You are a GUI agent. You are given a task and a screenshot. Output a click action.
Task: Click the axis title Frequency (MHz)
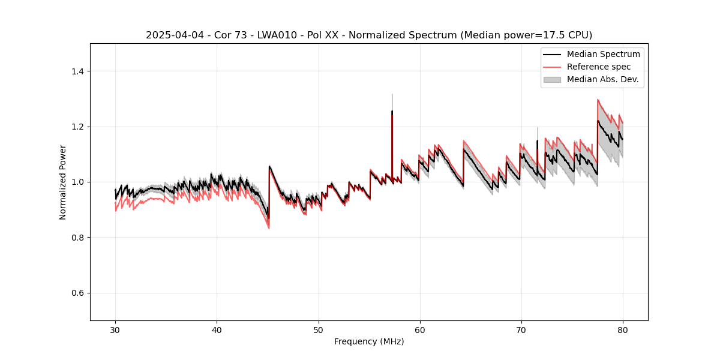tap(369, 341)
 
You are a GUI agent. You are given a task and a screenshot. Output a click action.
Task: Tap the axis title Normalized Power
tap(63, 182)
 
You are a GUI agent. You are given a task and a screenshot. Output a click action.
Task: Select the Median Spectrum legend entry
tap(603, 54)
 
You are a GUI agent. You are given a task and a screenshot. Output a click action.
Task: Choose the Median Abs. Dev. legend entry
tap(602, 79)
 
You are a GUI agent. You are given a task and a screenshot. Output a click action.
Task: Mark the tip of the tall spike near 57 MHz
tap(392, 94)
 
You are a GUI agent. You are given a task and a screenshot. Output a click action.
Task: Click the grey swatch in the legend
tap(551, 79)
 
